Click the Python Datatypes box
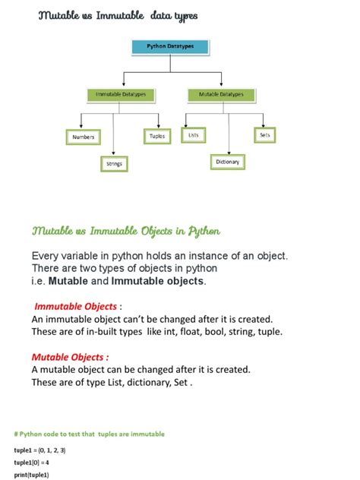tap(170, 47)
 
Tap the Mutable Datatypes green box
tap(221, 94)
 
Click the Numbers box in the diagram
tap(83, 137)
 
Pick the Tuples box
tap(156, 136)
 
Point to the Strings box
tap(114, 163)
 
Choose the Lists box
tap(194, 135)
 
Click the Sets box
tap(264, 135)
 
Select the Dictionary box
tap(228, 162)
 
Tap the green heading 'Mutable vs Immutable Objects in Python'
tap(126, 230)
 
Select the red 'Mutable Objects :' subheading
tap(70, 357)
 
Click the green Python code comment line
tap(89, 434)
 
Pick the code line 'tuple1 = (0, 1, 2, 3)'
tap(39, 450)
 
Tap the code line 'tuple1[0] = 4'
tap(31, 463)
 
